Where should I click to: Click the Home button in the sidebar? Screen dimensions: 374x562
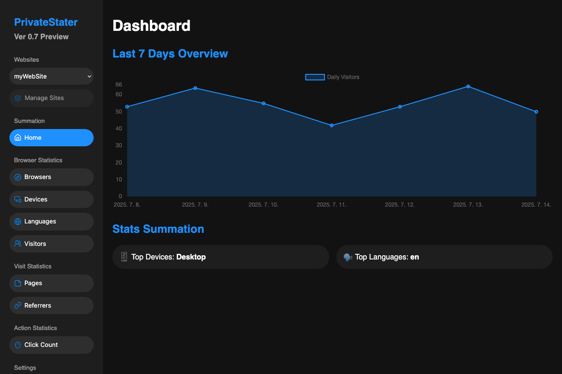point(52,138)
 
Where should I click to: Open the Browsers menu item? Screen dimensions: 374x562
point(52,177)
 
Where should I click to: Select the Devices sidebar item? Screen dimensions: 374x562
point(52,200)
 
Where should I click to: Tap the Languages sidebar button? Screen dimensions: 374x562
point(52,222)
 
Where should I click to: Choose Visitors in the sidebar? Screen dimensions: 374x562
point(52,244)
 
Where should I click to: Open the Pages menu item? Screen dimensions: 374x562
point(52,283)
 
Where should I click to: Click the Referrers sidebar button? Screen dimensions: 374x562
point(52,305)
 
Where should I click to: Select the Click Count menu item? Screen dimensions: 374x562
point(52,345)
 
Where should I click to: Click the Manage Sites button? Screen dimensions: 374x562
point(52,98)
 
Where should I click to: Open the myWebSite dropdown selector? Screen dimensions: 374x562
point(52,76)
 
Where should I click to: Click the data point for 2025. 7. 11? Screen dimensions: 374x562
point(332,125)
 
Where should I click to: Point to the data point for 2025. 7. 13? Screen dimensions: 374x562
point(468,86)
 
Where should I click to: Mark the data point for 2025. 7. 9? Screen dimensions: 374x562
point(195,88)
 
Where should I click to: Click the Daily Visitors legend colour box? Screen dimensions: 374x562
point(315,77)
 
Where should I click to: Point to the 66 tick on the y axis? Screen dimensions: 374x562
point(118,85)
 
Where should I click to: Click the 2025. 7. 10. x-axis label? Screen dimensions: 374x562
point(263,205)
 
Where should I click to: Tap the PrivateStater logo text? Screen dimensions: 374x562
point(46,22)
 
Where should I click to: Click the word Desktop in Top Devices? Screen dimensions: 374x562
point(191,257)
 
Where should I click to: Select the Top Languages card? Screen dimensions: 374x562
point(444,257)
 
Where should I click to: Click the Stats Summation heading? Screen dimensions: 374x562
point(158,229)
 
